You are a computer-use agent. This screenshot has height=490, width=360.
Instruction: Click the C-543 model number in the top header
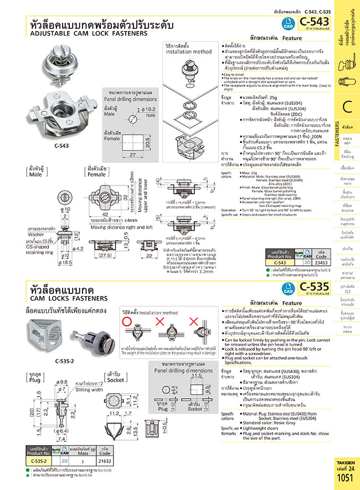pyautogui.click(x=314, y=23)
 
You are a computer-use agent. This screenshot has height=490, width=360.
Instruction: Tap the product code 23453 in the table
pyautogui.click(x=317, y=263)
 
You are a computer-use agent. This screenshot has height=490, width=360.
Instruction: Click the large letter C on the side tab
pyautogui.click(x=347, y=107)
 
